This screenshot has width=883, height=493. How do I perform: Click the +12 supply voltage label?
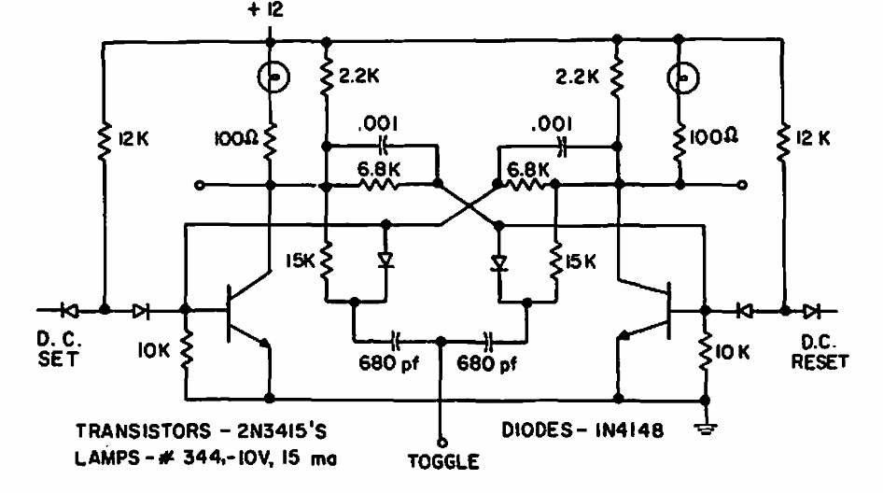point(266,10)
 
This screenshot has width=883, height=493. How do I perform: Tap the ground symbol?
point(705,430)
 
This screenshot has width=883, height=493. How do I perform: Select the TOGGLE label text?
point(443,462)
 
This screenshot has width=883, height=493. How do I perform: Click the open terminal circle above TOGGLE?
point(441,444)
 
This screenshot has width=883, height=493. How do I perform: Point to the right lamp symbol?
point(682,77)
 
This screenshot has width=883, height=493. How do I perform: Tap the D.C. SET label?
point(58,349)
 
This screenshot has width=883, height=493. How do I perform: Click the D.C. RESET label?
point(820,352)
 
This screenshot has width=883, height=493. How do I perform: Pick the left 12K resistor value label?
point(133,138)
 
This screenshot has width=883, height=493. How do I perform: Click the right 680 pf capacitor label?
point(486,364)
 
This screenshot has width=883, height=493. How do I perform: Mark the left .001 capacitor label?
point(378,123)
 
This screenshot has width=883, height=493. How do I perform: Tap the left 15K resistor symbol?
point(326,261)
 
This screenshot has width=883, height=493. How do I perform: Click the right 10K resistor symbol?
point(705,352)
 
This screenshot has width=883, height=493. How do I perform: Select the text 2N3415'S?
point(282,431)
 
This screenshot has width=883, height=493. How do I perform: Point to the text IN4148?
point(630,430)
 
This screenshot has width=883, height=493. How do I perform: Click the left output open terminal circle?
point(199,185)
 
